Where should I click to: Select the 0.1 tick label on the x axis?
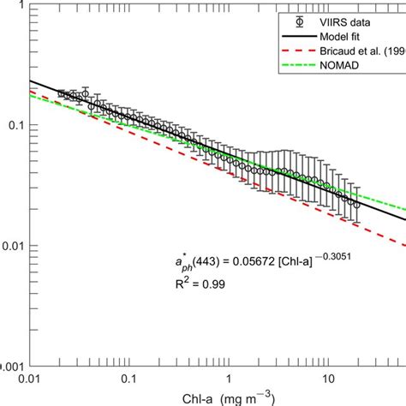tap(129, 377)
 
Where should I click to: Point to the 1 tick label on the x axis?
tap(229, 377)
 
